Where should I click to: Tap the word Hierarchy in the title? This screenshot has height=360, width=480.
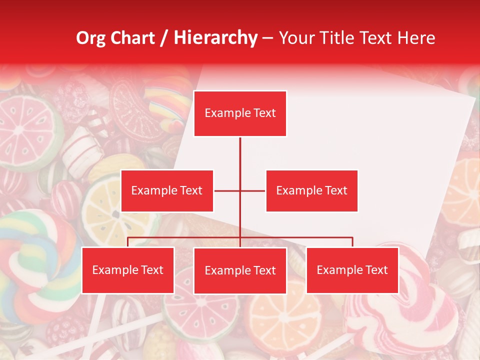click(x=215, y=38)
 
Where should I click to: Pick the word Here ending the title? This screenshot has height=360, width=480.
click(x=416, y=38)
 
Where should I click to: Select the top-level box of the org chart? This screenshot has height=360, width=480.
click(x=240, y=113)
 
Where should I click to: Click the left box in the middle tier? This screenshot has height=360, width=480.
click(x=167, y=190)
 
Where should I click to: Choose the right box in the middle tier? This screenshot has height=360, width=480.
click(x=311, y=190)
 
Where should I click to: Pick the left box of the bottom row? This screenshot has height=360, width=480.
click(x=127, y=270)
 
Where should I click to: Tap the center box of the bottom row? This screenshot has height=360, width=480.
click(x=240, y=270)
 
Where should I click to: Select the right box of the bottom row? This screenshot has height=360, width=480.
click(x=352, y=270)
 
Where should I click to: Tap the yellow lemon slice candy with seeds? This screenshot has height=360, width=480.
click(x=107, y=210)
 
